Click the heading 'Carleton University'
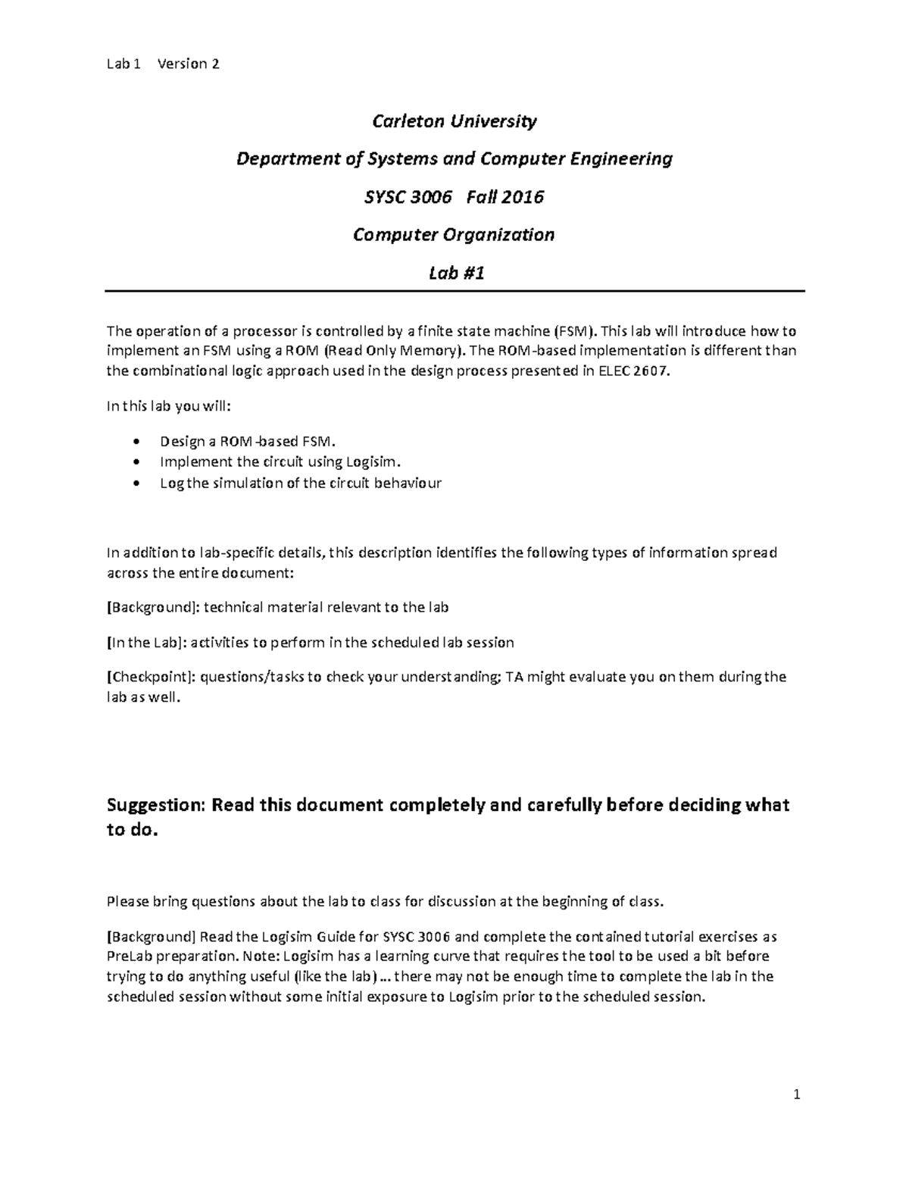(454, 121)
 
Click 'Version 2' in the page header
(188, 64)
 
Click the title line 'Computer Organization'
(454, 235)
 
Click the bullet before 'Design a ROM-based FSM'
(136, 442)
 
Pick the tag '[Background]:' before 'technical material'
(152, 608)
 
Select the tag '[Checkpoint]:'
(151, 678)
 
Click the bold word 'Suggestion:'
(155, 805)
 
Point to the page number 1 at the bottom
(796, 1094)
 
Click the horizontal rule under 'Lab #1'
(454, 291)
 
